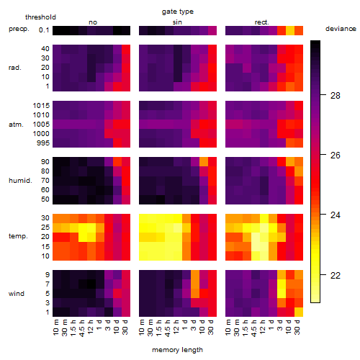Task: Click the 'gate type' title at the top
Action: click(x=178, y=12)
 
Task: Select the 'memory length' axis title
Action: click(x=177, y=350)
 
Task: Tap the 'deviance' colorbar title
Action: click(x=341, y=29)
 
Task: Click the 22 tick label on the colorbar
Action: click(x=336, y=275)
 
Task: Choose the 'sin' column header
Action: click(x=177, y=22)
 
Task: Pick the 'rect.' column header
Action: click(x=261, y=22)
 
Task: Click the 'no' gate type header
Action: click(x=93, y=22)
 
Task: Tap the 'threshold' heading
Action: click(x=40, y=17)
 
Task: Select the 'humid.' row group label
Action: click(x=20, y=181)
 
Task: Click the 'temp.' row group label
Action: click(x=18, y=236)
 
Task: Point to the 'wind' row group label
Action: click(x=17, y=294)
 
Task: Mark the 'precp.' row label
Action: click(x=19, y=29)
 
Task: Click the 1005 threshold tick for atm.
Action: click(x=41, y=125)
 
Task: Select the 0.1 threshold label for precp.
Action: click(x=44, y=30)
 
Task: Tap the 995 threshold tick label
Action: click(x=43, y=143)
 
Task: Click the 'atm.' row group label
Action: click(x=16, y=125)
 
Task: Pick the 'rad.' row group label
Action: click(x=15, y=68)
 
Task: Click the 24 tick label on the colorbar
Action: click(x=336, y=215)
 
